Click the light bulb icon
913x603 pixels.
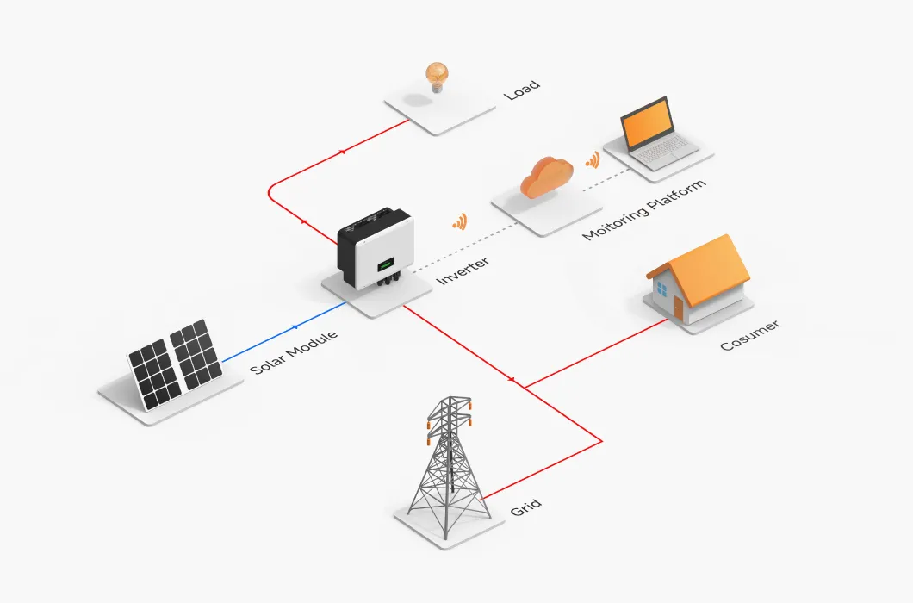coord(438,75)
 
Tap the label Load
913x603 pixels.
coord(522,89)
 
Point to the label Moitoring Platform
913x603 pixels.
coord(644,210)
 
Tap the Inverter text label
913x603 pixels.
coord(463,271)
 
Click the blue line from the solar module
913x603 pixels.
coord(284,332)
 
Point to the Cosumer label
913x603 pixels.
coord(749,335)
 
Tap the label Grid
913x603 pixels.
coord(525,507)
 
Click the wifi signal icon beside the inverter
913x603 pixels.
coord(459,223)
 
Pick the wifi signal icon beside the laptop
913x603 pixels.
coord(592,160)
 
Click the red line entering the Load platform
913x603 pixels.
coord(379,134)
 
